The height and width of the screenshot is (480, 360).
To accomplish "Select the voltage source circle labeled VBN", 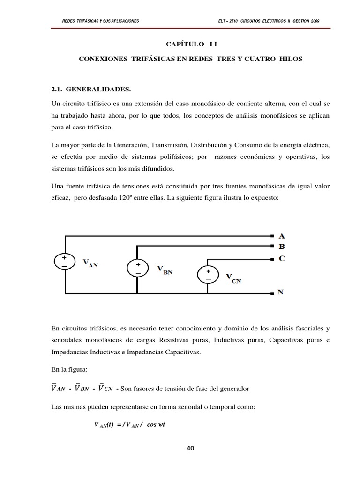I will pos(138,268).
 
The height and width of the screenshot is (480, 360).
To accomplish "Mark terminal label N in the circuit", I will pos(281,292).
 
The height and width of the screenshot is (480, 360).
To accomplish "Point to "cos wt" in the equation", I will pos(157,425).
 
